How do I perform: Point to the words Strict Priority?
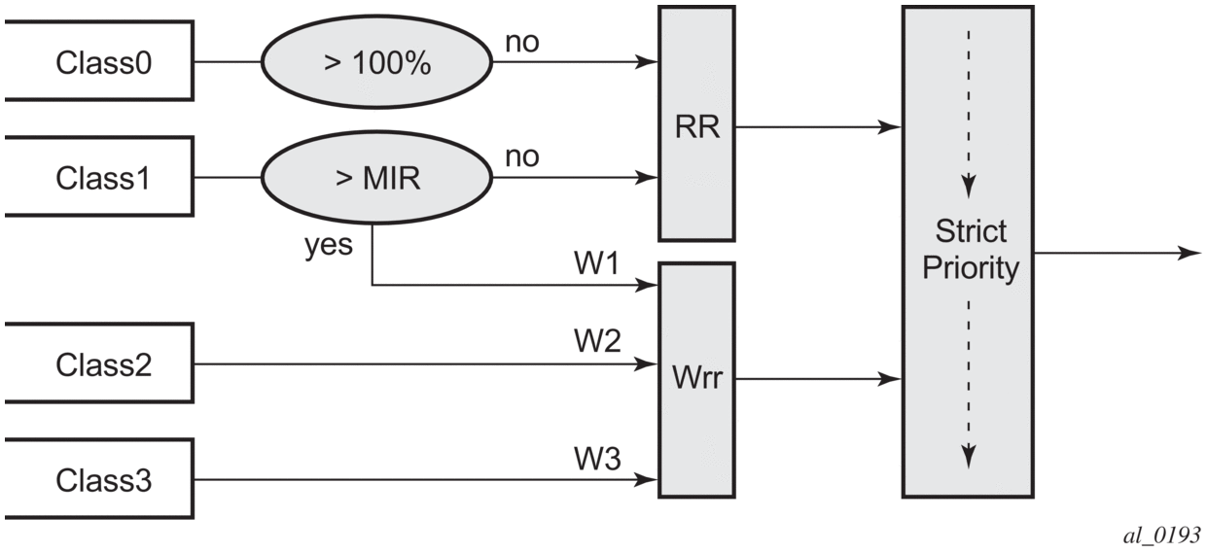971,251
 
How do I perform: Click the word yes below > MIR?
328,244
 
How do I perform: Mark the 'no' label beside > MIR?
523,156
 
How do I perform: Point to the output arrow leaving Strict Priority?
1118,253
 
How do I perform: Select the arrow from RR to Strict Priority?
817,126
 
